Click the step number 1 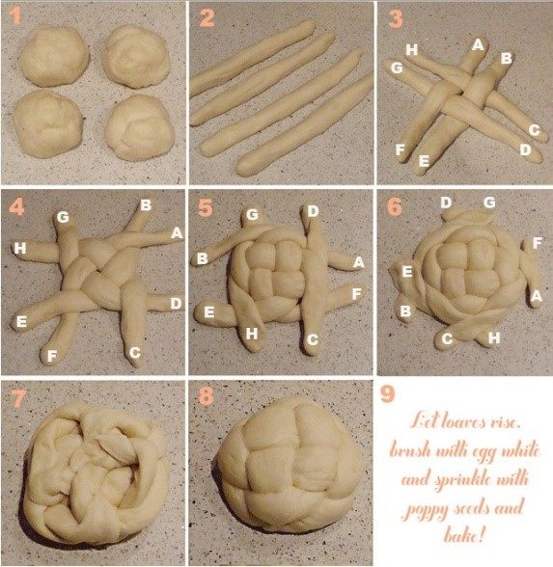pyautogui.click(x=14, y=16)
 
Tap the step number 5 pyautogui.click(x=206, y=208)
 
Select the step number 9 pyautogui.click(x=387, y=394)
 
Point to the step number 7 pyautogui.click(x=19, y=398)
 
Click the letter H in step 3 pyautogui.click(x=412, y=49)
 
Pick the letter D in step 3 pyautogui.click(x=525, y=149)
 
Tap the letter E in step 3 pyautogui.click(x=424, y=160)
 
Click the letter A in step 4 pyautogui.click(x=177, y=233)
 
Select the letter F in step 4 pyautogui.click(x=52, y=356)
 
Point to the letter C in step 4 pyautogui.click(x=135, y=352)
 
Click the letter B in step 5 pyautogui.click(x=203, y=258)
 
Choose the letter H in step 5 pyautogui.click(x=252, y=334)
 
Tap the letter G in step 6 pyautogui.click(x=489, y=202)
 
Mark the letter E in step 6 pyautogui.click(x=407, y=271)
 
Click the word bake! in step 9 pyautogui.click(x=464, y=534)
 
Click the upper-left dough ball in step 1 pyautogui.click(x=55, y=56)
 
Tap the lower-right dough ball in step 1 pyautogui.click(x=139, y=127)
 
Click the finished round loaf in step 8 pyautogui.click(x=289, y=467)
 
